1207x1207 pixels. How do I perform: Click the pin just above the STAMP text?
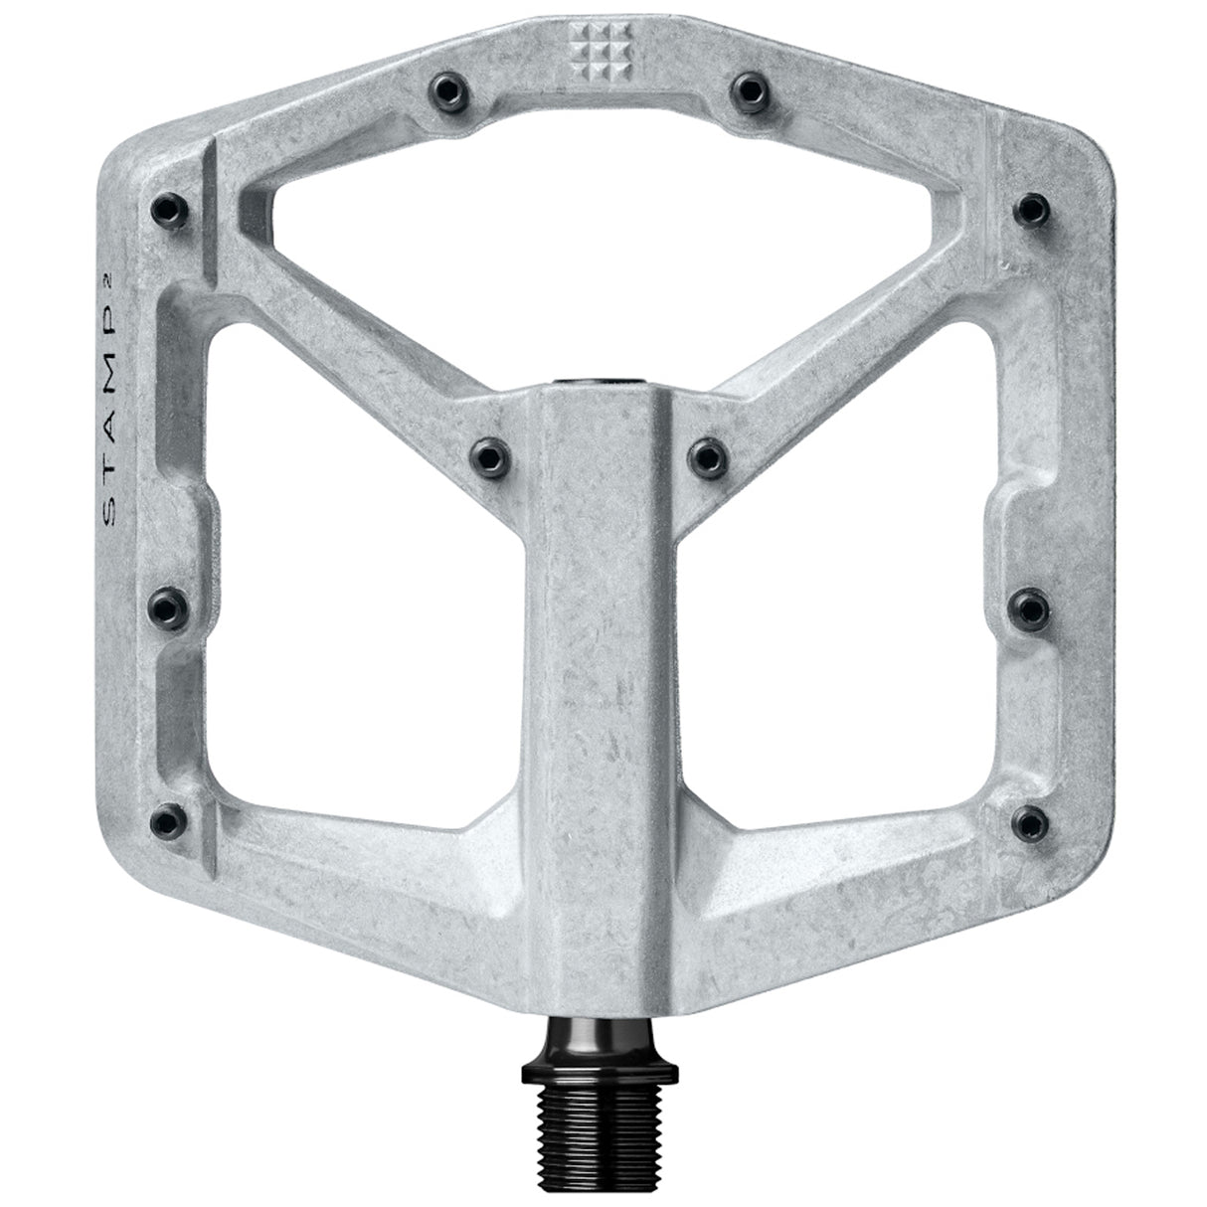[163, 208]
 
